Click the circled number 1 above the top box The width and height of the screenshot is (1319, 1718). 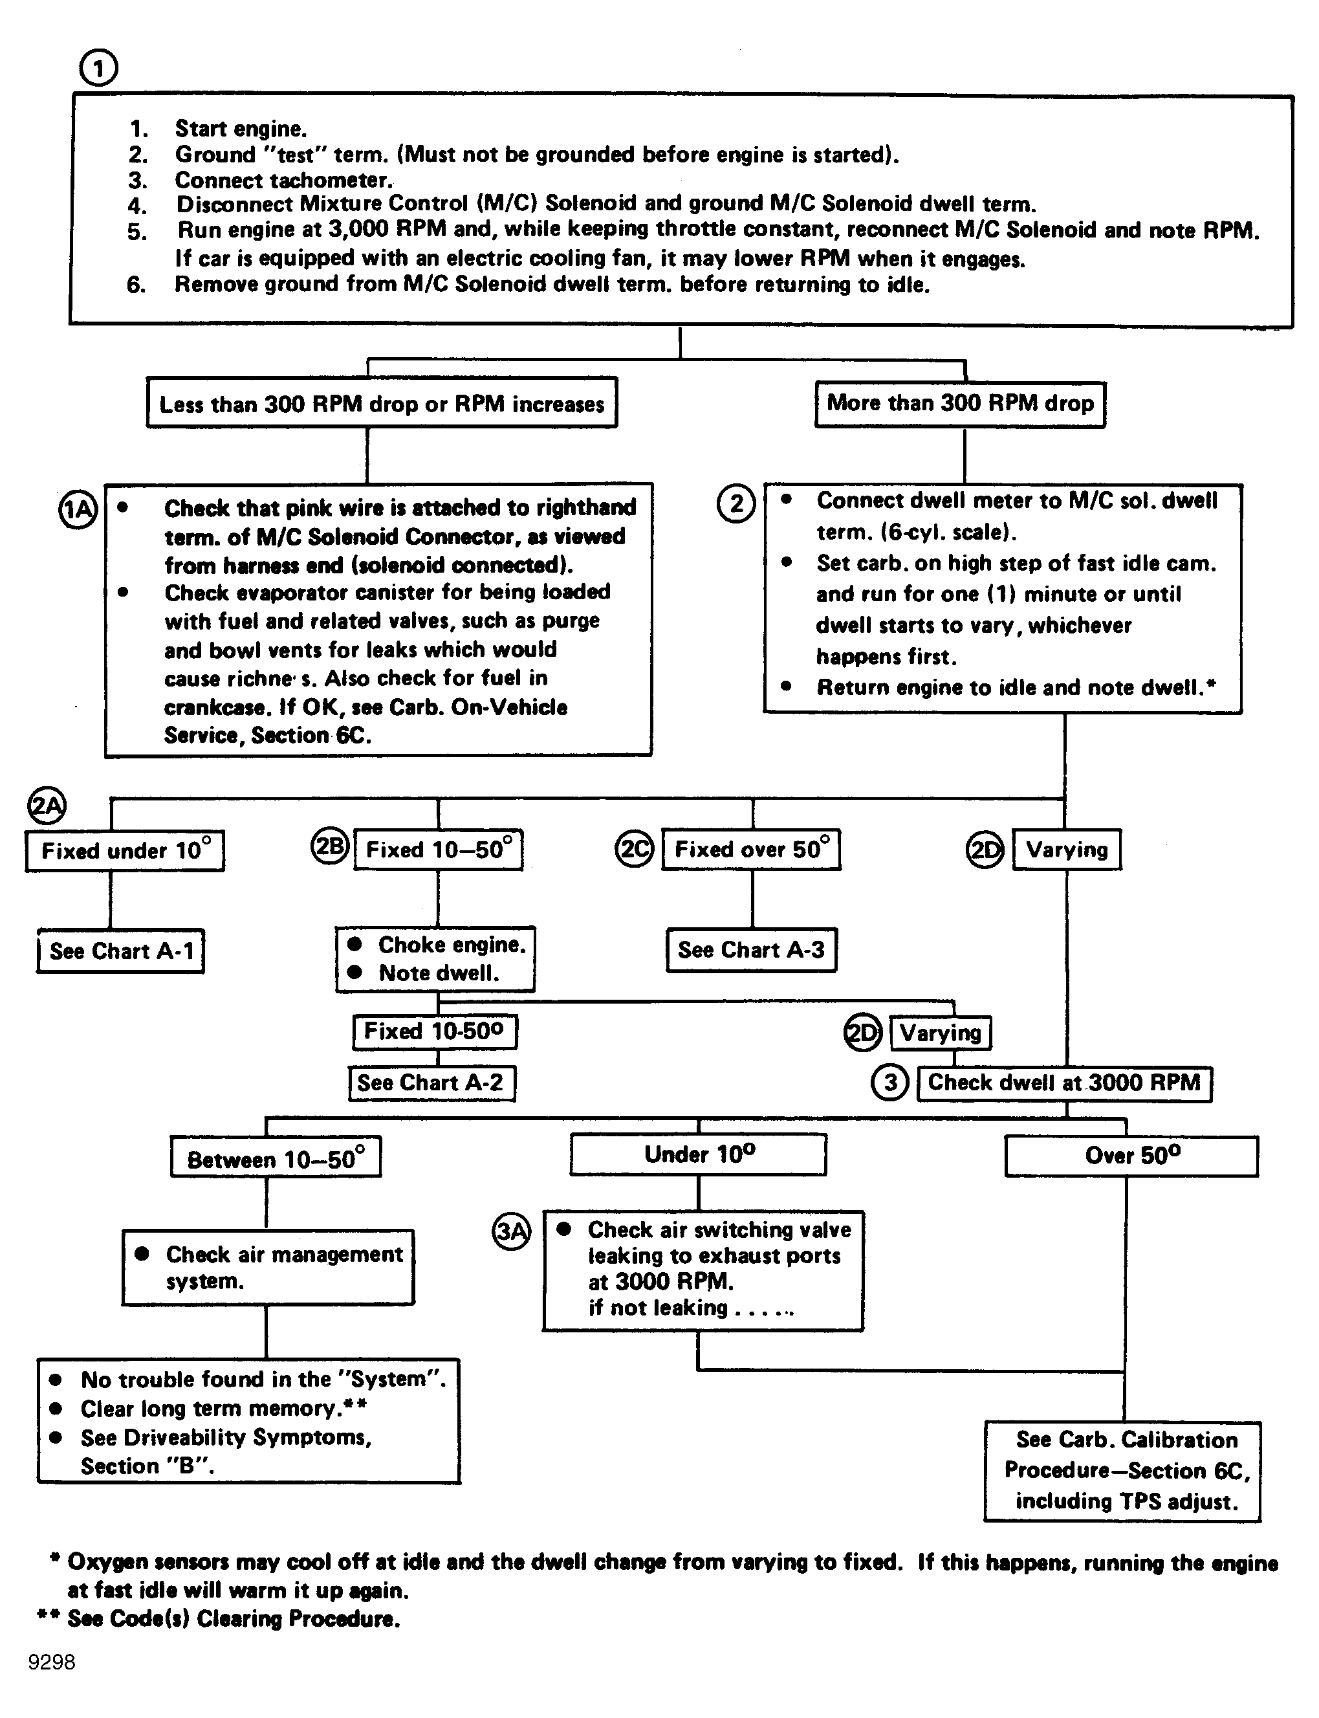coord(98,69)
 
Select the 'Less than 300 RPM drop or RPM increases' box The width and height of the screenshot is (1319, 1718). coord(382,404)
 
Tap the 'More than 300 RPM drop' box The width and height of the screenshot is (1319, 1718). coord(959,404)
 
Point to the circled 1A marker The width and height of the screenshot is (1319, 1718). coord(78,511)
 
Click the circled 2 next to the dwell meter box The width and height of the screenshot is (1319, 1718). coord(736,503)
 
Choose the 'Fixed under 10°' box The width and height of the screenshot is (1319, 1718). coord(125,850)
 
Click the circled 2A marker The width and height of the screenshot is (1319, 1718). coord(47,806)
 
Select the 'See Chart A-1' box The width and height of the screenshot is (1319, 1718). coord(121,951)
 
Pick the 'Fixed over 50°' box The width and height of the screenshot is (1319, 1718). coord(750,849)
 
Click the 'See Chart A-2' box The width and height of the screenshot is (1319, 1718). coord(431,1083)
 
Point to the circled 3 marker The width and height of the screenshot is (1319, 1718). coord(889,1083)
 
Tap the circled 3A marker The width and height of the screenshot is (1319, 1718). coord(511,1231)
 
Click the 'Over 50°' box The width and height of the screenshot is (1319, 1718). coord(1131,1156)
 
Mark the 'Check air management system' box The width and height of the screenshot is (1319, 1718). coord(268,1267)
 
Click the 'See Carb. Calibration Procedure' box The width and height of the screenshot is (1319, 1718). coord(1122,1471)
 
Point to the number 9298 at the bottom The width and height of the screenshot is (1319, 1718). coord(52,1662)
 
